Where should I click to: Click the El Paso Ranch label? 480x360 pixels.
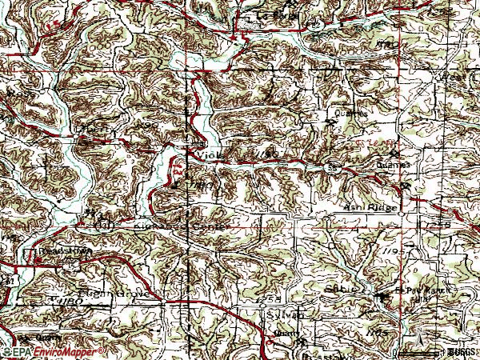pos(416,289)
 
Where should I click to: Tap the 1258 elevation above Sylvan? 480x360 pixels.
pos(270,298)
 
